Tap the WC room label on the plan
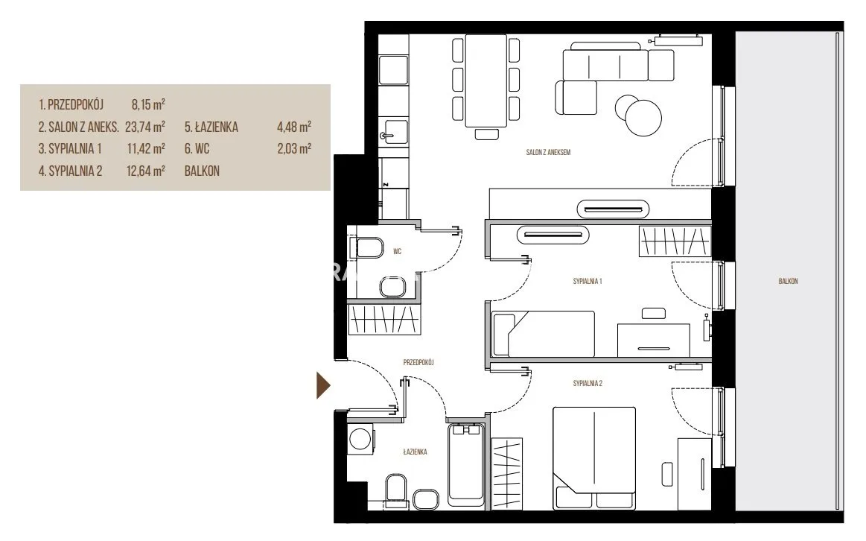coord(397,251)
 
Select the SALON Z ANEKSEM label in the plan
coord(548,152)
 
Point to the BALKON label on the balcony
coord(788,281)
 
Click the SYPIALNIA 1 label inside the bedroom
coord(587,281)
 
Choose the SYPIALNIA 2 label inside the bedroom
coord(587,383)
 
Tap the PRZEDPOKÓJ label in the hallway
coord(418,362)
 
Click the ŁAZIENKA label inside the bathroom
coord(415,452)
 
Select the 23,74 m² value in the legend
coord(144,127)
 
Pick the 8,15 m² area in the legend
coord(148,104)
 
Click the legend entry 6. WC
coord(197,148)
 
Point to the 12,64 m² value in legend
coord(145,171)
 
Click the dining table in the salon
coord(486,80)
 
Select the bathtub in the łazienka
coord(465,465)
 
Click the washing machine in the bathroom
coord(360,440)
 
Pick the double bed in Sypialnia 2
coord(594,458)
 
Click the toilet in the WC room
coord(369,247)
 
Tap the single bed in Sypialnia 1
coord(544,333)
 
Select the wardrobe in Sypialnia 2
coord(506,474)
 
